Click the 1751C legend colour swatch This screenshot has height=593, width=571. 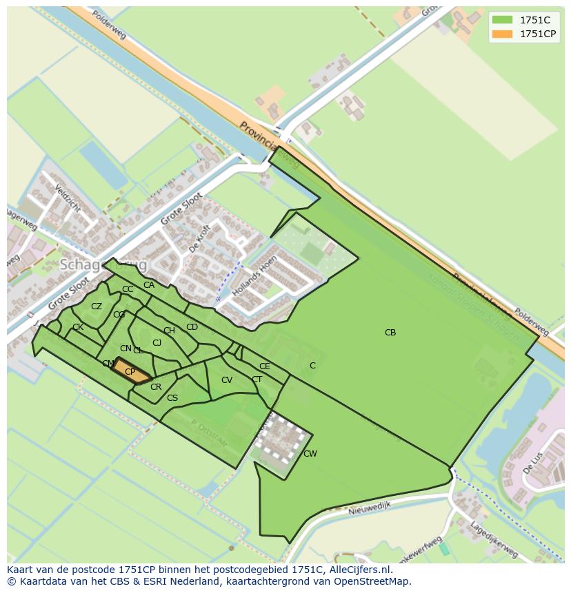(503, 21)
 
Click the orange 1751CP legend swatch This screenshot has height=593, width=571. (503, 34)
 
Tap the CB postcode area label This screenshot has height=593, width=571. (390, 333)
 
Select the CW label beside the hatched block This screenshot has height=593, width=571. (310, 453)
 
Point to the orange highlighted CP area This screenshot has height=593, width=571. (130, 372)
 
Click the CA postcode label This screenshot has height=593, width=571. (149, 285)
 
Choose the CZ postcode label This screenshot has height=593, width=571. (97, 306)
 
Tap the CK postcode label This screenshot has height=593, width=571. (78, 327)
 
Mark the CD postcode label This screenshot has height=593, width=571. (192, 327)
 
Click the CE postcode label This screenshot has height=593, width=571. (265, 366)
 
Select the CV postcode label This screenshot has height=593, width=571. (227, 380)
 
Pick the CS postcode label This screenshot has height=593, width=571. (172, 397)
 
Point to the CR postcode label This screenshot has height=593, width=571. (156, 387)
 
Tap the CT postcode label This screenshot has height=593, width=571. (257, 379)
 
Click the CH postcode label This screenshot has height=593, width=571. (169, 331)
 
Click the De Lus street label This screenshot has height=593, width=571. (532, 463)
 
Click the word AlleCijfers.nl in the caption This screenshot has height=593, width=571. (359, 570)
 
